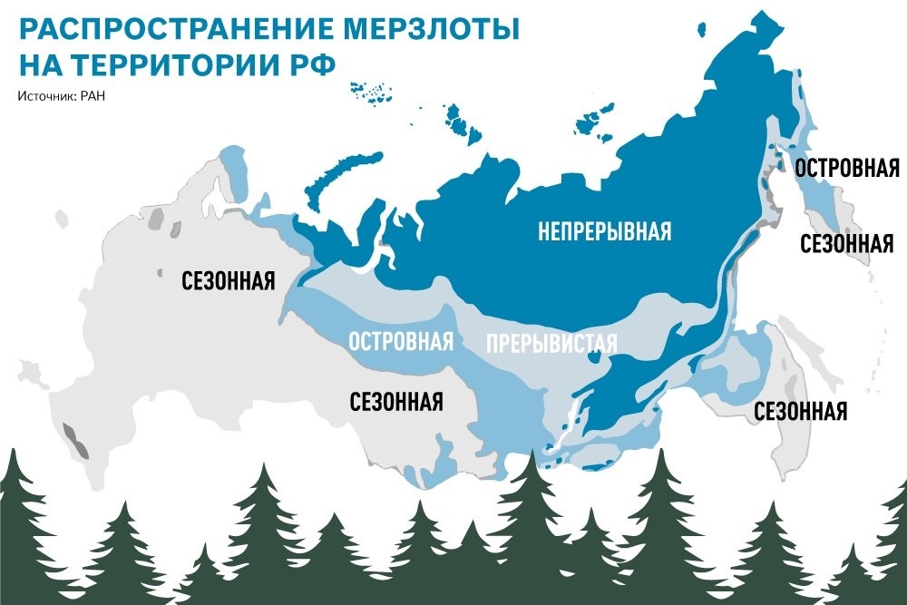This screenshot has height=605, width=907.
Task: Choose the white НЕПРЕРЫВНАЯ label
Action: pyautogui.click(x=604, y=231)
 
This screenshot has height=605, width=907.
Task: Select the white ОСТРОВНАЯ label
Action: pyautogui.click(x=400, y=342)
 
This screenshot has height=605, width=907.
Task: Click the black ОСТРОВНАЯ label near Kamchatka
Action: pyautogui.click(x=846, y=168)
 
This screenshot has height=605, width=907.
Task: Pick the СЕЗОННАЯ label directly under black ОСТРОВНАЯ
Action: pyautogui.click(x=846, y=243)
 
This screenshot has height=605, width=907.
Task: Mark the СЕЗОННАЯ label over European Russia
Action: pyautogui.click(x=228, y=278)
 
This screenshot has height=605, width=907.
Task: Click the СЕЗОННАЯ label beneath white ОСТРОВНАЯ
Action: pyautogui.click(x=396, y=400)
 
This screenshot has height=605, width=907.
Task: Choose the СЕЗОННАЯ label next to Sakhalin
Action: pyautogui.click(x=801, y=411)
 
